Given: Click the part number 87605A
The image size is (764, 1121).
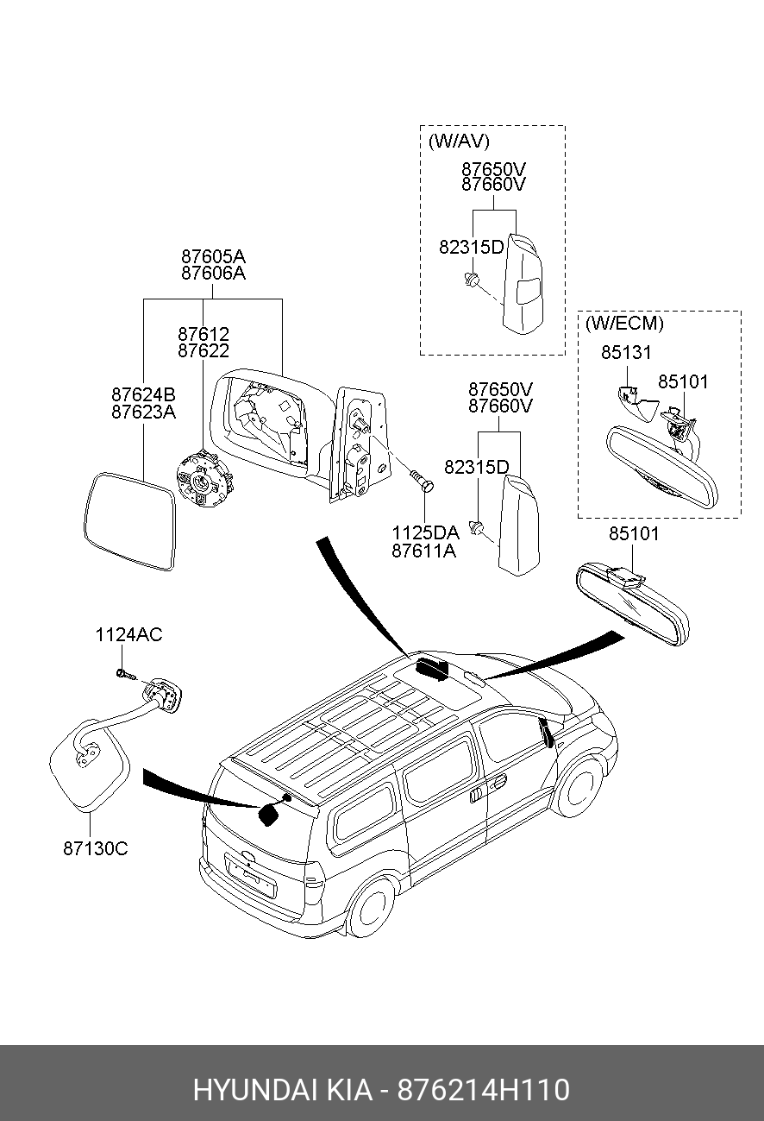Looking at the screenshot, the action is pyautogui.click(x=213, y=256).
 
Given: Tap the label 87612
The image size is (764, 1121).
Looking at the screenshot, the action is pyautogui.click(x=204, y=334).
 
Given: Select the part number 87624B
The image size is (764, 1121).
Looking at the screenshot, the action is pyautogui.click(x=143, y=394).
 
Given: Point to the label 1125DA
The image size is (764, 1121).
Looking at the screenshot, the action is pyautogui.click(x=425, y=532).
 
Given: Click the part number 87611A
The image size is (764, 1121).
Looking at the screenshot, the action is pyautogui.click(x=424, y=551).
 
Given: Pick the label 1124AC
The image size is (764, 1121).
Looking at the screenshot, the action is pyautogui.click(x=129, y=634).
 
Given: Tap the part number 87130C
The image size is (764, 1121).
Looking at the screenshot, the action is pyautogui.click(x=96, y=848).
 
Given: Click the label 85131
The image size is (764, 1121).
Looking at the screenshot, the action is pyautogui.click(x=626, y=353).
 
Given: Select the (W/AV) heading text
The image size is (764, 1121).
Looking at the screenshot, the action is pyautogui.click(x=459, y=142).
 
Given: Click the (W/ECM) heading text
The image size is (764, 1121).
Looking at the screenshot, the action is pyautogui.click(x=624, y=324).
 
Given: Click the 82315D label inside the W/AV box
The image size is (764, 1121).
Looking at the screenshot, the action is pyautogui.click(x=472, y=247).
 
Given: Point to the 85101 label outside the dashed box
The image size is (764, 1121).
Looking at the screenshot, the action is pyautogui.click(x=634, y=534).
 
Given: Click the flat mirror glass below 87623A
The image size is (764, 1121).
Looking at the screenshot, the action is pyautogui.click(x=130, y=521).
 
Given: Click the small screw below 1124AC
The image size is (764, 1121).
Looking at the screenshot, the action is pyautogui.click(x=126, y=674).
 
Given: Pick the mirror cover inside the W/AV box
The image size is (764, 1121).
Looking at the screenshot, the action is pyautogui.click(x=523, y=284).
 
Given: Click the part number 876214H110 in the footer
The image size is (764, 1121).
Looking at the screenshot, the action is pyautogui.click(x=484, y=1089).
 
